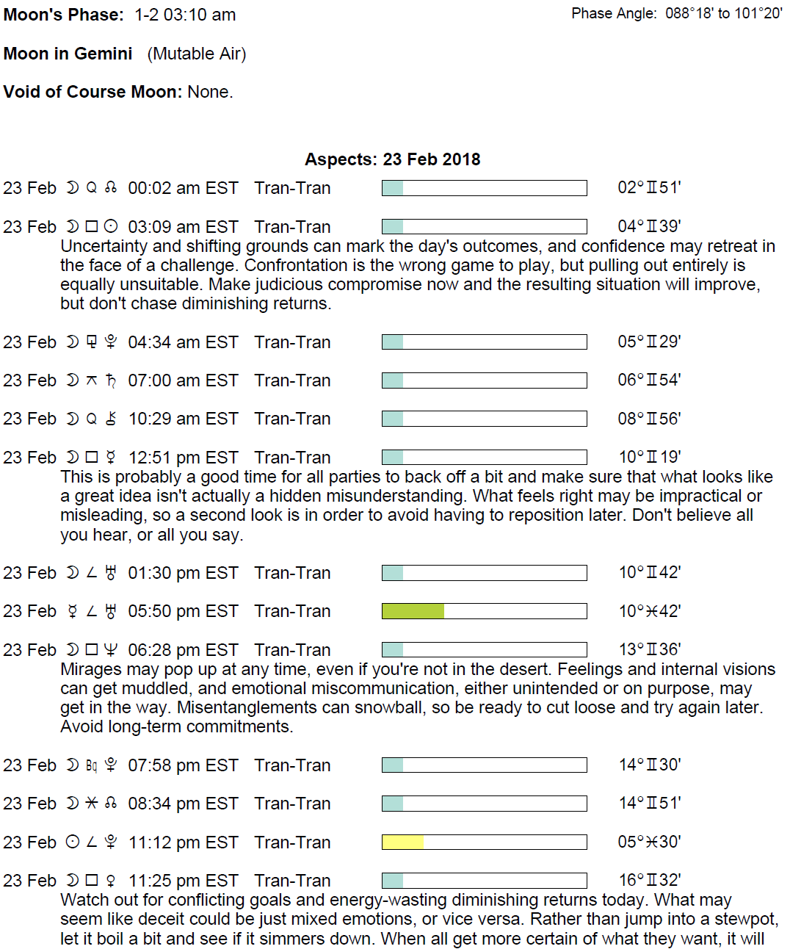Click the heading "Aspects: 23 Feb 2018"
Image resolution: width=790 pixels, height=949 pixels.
pos(392,159)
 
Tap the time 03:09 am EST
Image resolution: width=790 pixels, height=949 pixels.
pos(183,227)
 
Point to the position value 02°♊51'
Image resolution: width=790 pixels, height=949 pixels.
pos(649,188)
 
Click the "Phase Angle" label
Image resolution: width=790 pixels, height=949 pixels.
pos(613,14)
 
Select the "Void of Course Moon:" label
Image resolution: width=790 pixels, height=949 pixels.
pos(93,92)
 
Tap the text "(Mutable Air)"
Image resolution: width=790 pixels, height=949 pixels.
pos(197,54)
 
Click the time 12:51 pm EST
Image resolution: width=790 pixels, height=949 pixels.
pos(183,458)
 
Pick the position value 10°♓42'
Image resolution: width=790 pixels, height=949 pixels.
pos(649,611)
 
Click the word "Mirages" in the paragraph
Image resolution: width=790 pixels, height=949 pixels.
pos(90,669)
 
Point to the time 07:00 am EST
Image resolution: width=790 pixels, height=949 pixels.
pos(183,380)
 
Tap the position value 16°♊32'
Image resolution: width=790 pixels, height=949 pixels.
pos(649,881)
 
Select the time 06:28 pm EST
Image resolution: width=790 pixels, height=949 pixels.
pos(183,650)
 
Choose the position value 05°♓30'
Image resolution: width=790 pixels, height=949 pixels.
pos(649,842)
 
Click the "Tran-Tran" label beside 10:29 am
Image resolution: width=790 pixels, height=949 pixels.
pos(292,419)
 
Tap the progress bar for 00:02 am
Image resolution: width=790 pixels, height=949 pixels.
pos(484,188)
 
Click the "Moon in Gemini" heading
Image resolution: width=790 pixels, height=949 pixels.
pos(68,54)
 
